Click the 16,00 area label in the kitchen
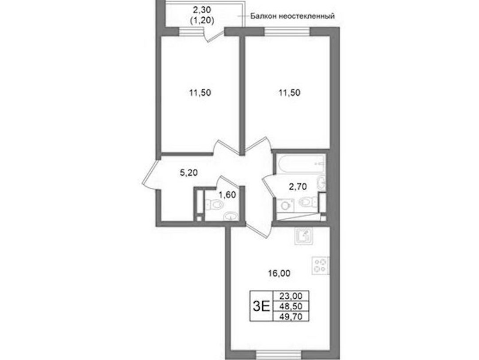pyautogui.click(x=279, y=273)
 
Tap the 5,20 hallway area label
pyautogui.click(x=188, y=173)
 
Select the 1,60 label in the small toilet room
pyautogui.click(x=227, y=194)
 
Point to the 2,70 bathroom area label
pyautogui.click(x=298, y=186)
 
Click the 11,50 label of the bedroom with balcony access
pyautogui.click(x=200, y=93)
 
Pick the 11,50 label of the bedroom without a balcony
pyautogui.click(x=289, y=93)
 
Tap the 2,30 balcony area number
pyautogui.click(x=202, y=10)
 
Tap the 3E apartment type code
pyautogui.click(x=262, y=306)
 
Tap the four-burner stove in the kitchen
pyautogui.click(x=321, y=265)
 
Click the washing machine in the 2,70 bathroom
pyautogui.click(x=285, y=205)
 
